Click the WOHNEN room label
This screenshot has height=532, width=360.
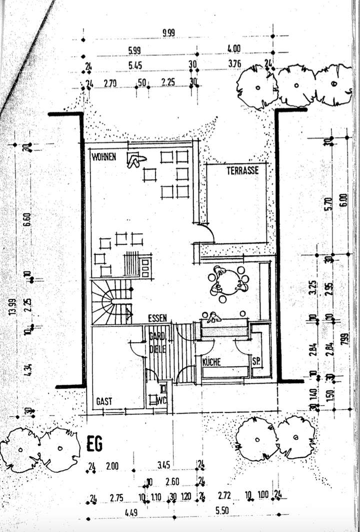tap(104, 157)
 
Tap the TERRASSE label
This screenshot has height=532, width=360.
tap(242, 170)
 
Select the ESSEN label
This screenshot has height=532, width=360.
tap(157, 318)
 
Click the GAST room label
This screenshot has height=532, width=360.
tap(104, 401)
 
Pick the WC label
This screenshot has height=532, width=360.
tap(161, 400)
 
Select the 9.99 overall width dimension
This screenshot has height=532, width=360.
tap(169, 33)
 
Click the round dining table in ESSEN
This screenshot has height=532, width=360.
tap(228, 283)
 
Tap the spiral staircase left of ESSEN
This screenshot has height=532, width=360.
tap(111, 301)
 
